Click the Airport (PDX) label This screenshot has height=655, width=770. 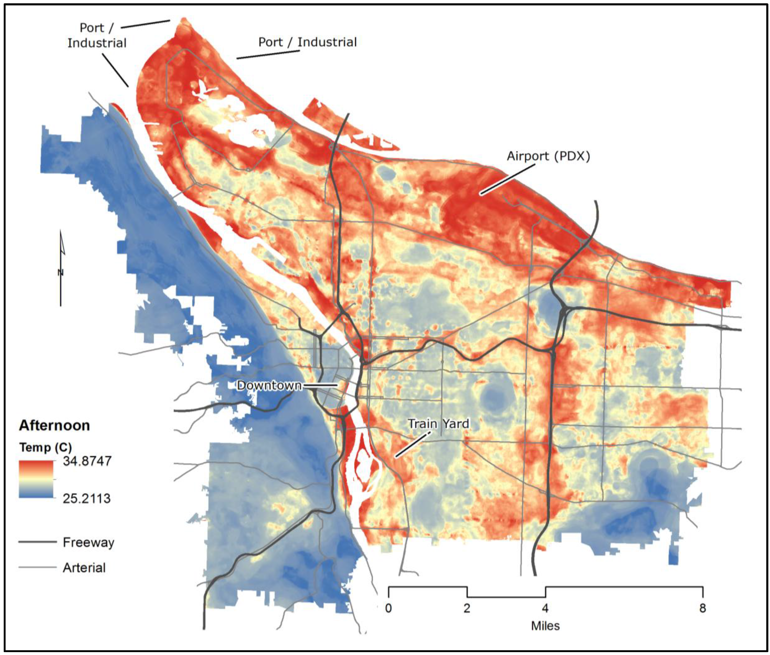pyautogui.click(x=548, y=156)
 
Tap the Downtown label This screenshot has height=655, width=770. pyautogui.click(x=269, y=385)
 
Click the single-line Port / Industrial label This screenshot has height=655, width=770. pyautogui.click(x=307, y=42)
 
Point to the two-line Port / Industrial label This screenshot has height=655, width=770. pyautogui.click(x=97, y=35)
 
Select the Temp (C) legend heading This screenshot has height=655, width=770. pyautogui.click(x=45, y=447)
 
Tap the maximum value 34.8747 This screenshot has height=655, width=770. pyautogui.click(x=87, y=461)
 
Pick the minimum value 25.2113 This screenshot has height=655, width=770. pyautogui.click(x=86, y=498)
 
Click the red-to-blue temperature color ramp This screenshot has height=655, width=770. pyautogui.click(x=36, y=479)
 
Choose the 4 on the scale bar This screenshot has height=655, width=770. pyautogui.click(x=545, y=608)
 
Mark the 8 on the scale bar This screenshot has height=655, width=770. pyautogui.click(x=702, y=608)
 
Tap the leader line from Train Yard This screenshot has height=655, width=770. pyautogui.click(x=412, y=445)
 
